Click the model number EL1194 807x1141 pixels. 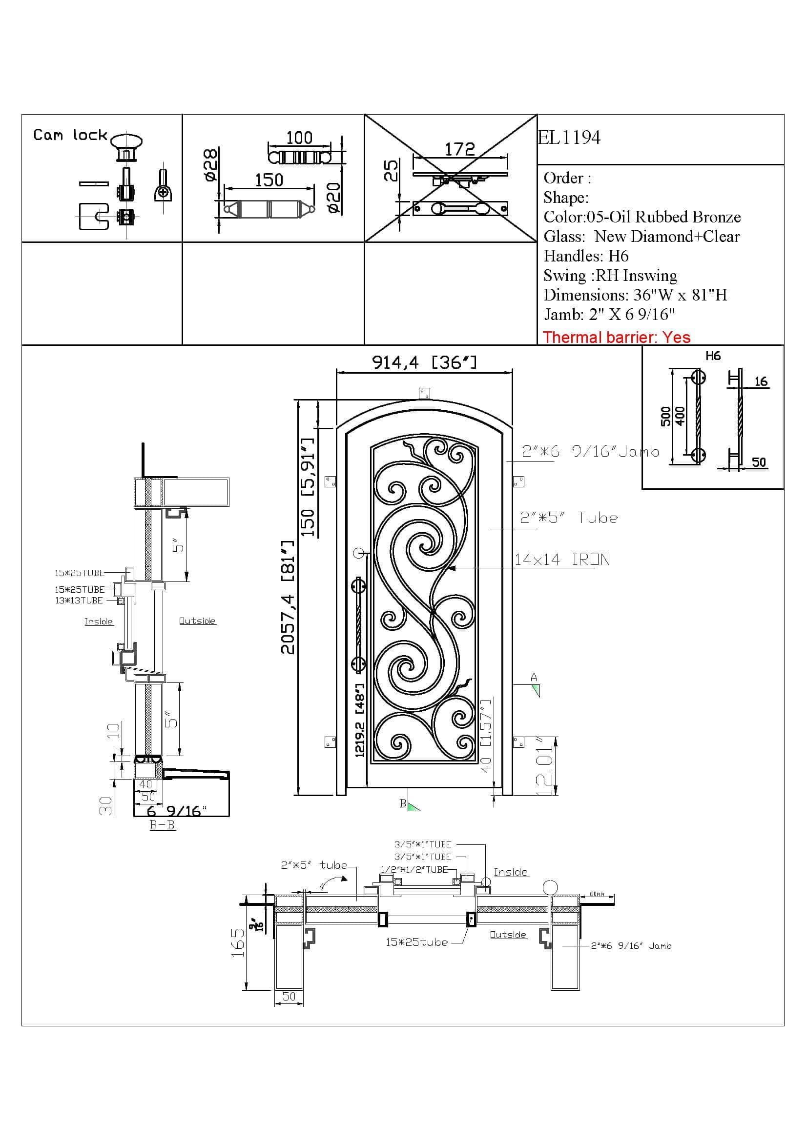pos(569,138)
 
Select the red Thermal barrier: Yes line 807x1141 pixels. pos(616,338)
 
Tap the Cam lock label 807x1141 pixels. pos(70,135)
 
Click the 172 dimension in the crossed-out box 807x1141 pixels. pos(459,149)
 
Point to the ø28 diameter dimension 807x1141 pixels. pos(211,164)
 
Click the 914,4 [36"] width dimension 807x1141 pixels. pos(424,362)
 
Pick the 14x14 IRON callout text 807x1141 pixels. pos(562,560)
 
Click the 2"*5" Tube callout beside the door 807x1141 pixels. pos(568,518)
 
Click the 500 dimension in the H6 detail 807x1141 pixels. pos(666,417)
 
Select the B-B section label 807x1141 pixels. pos(162,825)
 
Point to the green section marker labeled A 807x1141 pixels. pos(536,690)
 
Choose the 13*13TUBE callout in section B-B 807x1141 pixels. pos(79,601)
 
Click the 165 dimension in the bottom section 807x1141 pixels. pos(238,942)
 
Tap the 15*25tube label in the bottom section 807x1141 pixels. pos(416,942)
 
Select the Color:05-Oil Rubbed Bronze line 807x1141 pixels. pos(642,217)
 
